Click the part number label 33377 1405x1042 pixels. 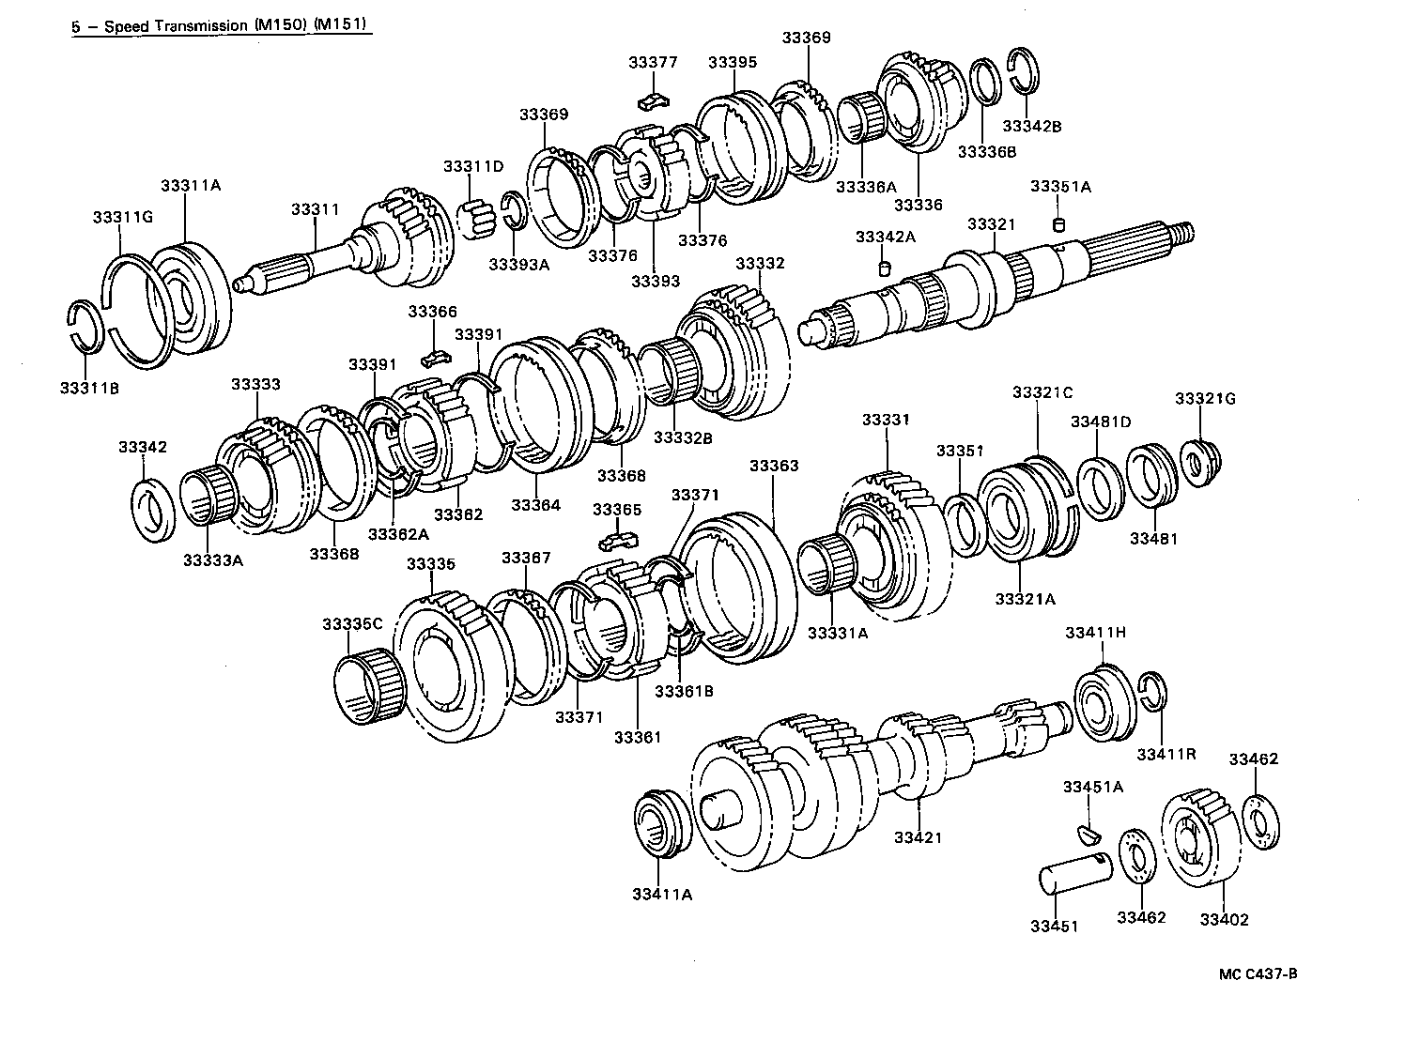(x=653, y=63)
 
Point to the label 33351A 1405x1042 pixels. (x=1060, y=187)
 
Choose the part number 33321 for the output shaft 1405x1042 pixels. (x=992, y=224)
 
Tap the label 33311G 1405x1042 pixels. (x=122, y=217)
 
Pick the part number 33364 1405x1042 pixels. (x=535, y=505)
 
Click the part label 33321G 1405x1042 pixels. (x=1205, y=399)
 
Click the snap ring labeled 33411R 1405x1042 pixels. (x=1152, y=695)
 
